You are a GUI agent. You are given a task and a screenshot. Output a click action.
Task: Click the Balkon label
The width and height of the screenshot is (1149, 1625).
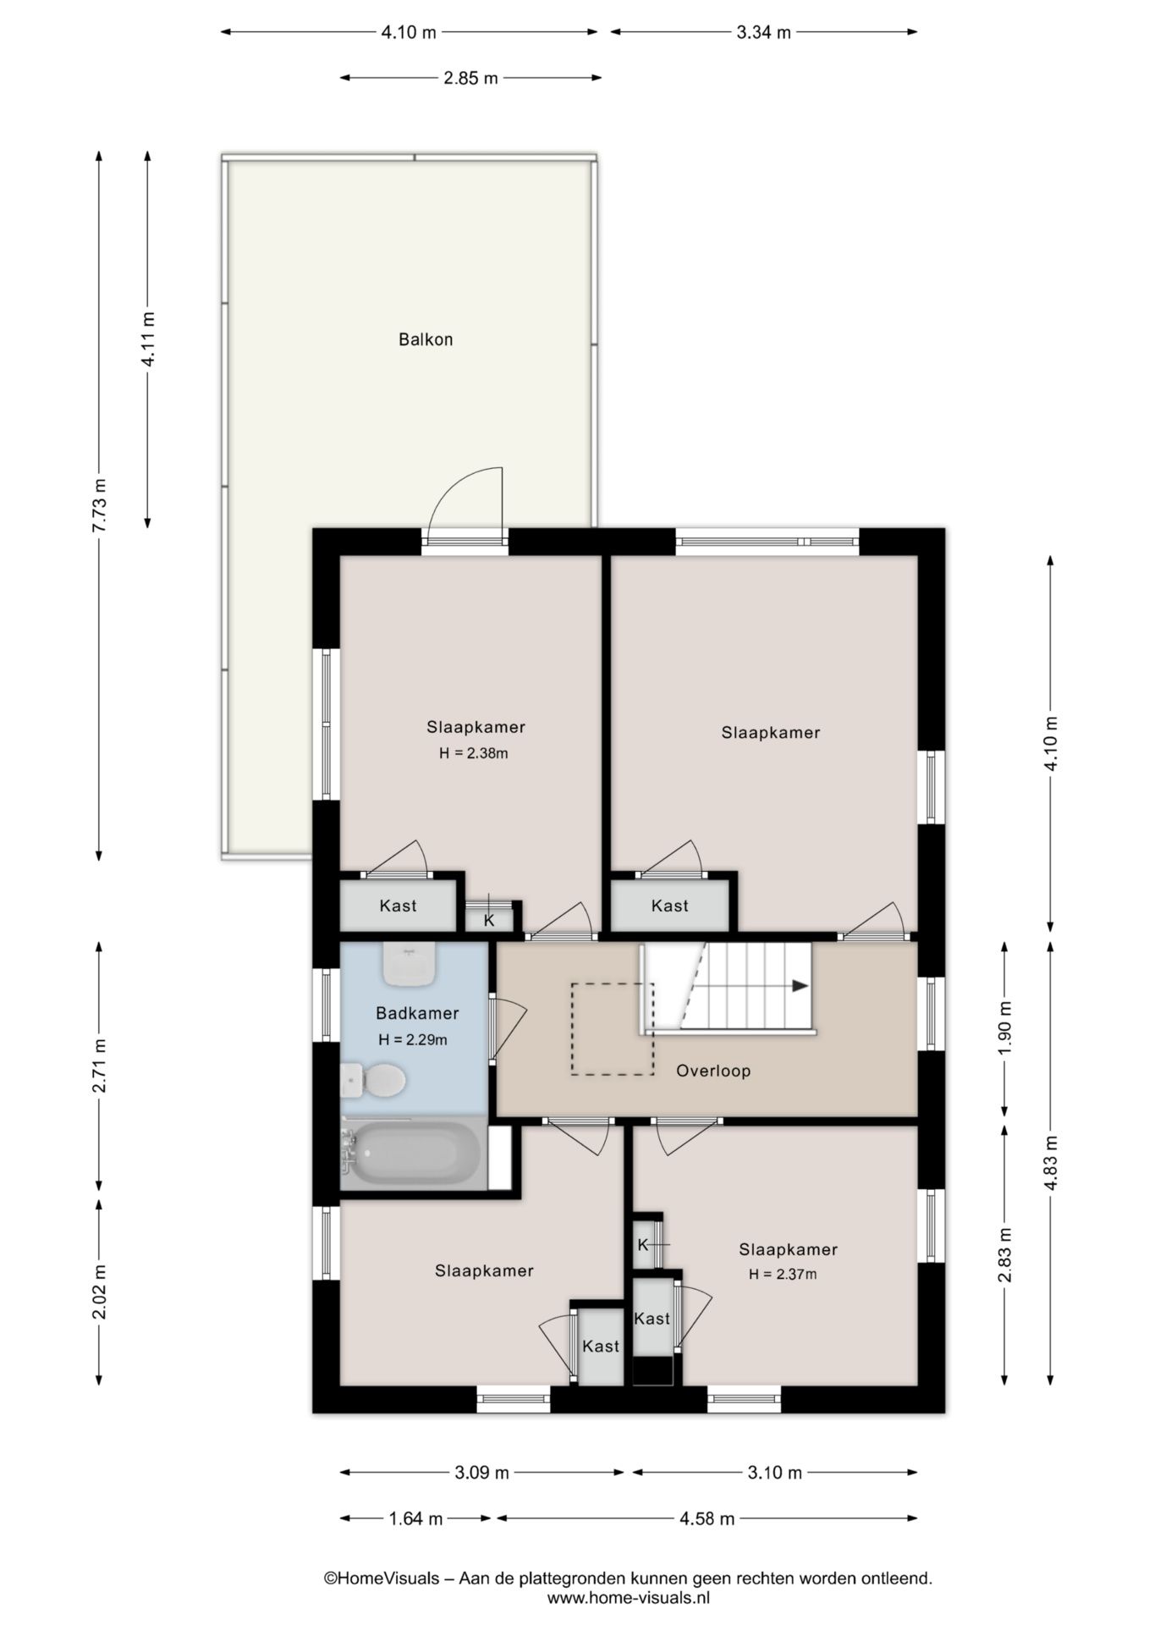(426, 339)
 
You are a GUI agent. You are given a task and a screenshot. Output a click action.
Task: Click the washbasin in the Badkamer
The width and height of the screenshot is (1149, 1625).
(410, 964)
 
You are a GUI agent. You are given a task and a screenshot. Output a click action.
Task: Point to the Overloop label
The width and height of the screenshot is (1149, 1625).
(713, 1071)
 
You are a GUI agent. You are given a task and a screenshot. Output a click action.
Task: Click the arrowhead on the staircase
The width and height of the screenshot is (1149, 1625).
(800, 986)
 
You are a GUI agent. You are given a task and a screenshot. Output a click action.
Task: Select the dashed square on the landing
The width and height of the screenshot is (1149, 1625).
(613, 1029)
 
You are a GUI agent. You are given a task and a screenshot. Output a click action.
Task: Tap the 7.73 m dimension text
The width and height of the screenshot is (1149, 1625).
(100, 505)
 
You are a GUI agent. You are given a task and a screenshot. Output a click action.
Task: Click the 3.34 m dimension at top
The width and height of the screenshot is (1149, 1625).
(763, 33)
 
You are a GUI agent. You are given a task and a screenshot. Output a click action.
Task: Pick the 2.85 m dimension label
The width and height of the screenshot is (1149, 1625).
(470, 79)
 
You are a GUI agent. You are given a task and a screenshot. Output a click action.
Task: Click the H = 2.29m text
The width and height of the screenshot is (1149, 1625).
(413, 1040)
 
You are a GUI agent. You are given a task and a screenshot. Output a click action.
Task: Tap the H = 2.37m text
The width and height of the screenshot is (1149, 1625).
(783, 1274)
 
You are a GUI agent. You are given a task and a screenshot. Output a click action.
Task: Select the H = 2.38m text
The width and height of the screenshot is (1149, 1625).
(474, 753)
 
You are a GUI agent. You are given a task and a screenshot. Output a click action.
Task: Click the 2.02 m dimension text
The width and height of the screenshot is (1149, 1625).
(100, 1292)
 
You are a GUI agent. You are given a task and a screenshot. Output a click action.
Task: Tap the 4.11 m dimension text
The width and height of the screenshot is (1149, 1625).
(148, 339)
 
